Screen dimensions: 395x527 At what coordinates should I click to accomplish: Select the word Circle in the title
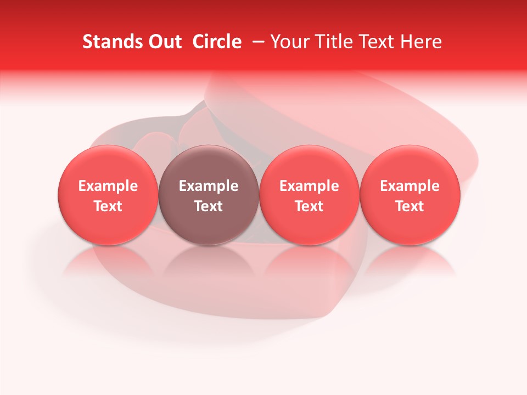[217, 42]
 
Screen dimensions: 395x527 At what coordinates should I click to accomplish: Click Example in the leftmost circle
[108, 186]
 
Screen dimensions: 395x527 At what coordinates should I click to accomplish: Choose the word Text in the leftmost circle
[108, 206]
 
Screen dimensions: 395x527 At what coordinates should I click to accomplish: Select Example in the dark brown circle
[209, 186]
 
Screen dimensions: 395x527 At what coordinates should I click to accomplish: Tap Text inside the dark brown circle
[209, 206]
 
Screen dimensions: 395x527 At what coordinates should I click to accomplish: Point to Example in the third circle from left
[309, 186]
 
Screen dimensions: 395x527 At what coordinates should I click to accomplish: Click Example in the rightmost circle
[410, 186]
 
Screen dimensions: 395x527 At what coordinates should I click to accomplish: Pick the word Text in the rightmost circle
[410, 206]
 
